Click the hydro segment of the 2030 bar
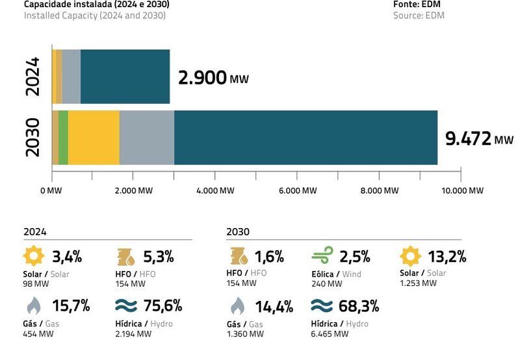(x=305, y=137)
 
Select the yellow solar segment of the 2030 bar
(x=94, y=137)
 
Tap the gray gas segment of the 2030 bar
(x=147, y=137)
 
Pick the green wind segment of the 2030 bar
(x=63, y=137)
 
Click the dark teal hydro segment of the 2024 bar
(x=125, y=76)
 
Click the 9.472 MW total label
(x=478, y=138)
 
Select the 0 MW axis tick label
(x=51, y=190)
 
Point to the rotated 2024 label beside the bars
(x=32, y=76)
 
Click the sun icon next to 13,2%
(x=410, y=257)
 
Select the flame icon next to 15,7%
(x=32, y=306)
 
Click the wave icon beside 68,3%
(x=322, y=306)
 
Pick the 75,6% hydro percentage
(x=162, y=306)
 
